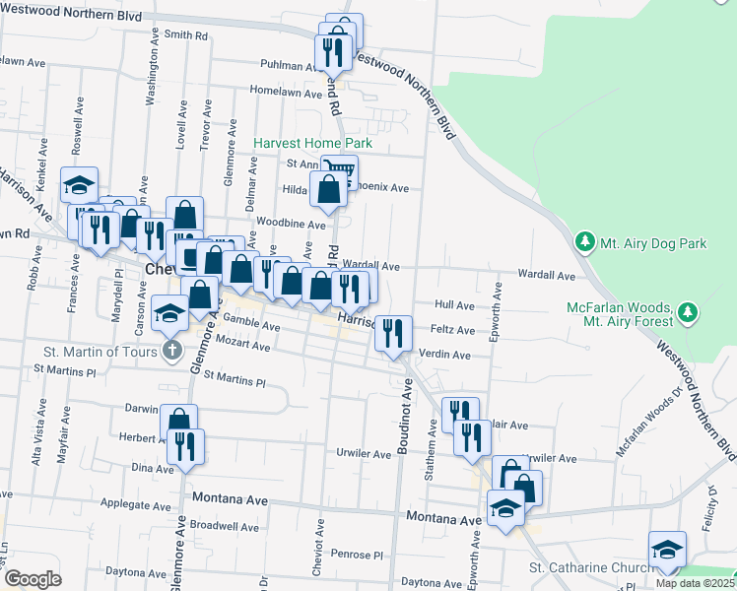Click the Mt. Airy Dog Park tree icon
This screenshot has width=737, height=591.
point(584,241)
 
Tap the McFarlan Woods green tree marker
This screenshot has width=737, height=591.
point(688,314)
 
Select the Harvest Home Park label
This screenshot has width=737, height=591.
point(312,143)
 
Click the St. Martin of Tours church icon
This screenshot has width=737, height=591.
point(171,350)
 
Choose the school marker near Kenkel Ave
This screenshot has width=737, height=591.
point(79,184)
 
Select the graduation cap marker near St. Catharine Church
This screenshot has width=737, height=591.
point(667,549)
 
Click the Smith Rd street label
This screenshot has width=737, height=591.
point(186,35)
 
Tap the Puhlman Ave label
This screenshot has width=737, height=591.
point(286,66)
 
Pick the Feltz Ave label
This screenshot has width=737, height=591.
point(452,330)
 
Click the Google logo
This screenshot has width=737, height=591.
point(33,579)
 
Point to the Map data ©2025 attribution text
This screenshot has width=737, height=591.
point(696,583)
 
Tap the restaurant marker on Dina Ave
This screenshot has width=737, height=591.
point(185,445)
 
